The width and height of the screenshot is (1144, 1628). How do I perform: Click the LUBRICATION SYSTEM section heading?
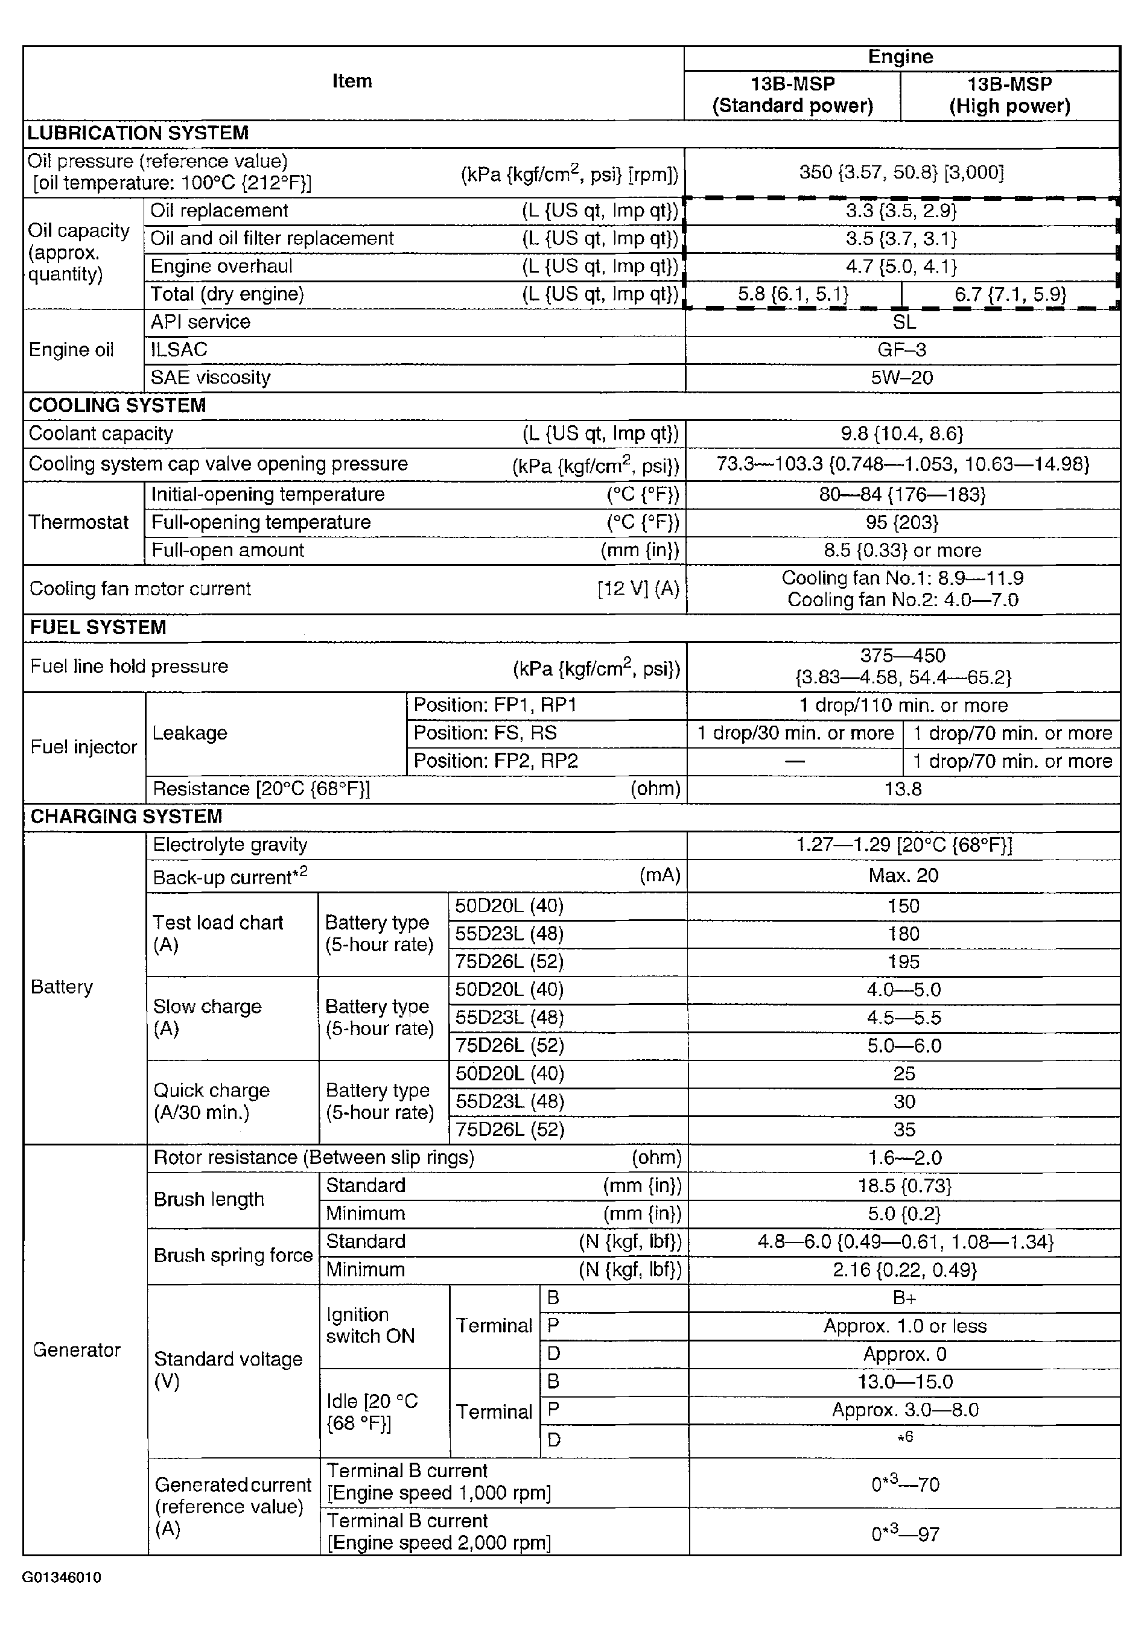pos(138,133)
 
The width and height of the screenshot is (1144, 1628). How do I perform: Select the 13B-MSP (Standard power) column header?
pos(792,95)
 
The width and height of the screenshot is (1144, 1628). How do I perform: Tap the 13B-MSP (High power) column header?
pos(1009,95)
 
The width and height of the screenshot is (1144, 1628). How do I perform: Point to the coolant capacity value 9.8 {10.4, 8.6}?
pos(901,434)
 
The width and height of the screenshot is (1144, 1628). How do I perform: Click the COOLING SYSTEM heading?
pos(117,405)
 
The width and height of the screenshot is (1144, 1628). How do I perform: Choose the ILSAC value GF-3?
pos(901,350)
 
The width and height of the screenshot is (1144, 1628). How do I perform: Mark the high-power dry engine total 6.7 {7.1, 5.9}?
pos(1010,294)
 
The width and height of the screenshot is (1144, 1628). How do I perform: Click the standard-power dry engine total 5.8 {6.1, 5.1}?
pos(793,294)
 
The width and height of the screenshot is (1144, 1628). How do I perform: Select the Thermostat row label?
pos(78,522)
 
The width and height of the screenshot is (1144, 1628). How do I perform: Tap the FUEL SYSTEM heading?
pos(98,627)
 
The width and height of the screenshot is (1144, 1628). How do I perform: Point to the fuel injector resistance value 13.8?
pos(903,789)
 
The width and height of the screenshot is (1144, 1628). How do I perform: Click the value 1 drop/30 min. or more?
pos(795,733)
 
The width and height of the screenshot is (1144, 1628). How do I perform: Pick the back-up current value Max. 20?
pos(903,876)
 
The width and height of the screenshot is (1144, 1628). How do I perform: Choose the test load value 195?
pos(903,962)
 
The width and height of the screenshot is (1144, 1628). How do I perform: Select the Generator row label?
pos(77,1350)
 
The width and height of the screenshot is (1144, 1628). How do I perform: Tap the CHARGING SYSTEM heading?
pos(126,817)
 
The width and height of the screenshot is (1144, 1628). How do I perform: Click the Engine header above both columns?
pos(901,57)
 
